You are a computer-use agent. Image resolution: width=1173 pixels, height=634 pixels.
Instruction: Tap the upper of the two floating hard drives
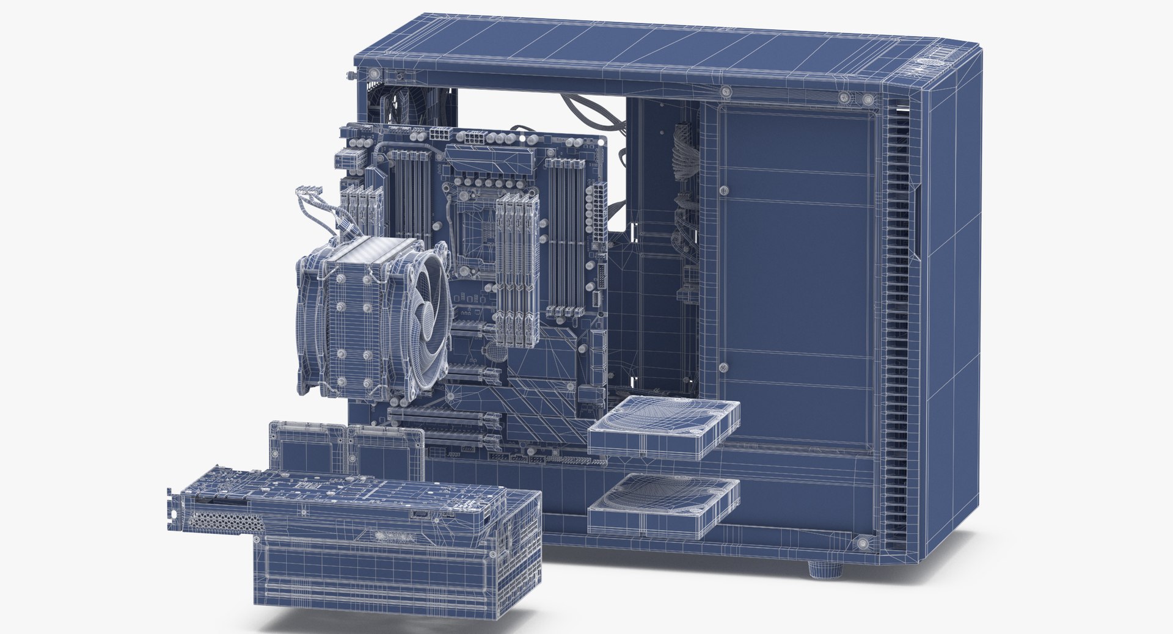pos(664,426)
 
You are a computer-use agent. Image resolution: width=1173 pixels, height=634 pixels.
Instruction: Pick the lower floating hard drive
pos(664,506)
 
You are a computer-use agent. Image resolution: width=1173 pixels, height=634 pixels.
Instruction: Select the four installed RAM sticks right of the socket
pos(516,269)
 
